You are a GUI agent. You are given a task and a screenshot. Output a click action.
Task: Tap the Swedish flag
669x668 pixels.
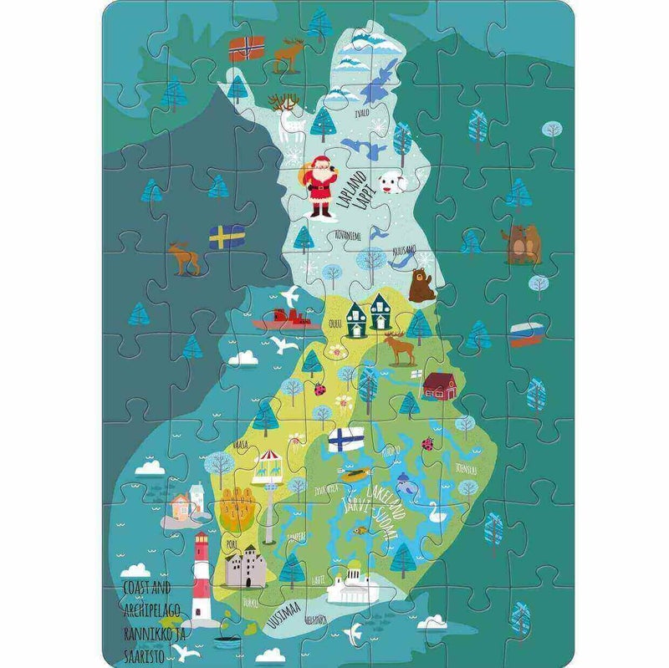226,237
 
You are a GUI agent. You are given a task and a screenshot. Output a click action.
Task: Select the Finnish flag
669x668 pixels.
343,440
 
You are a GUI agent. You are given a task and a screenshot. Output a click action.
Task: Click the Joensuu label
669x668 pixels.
466,472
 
